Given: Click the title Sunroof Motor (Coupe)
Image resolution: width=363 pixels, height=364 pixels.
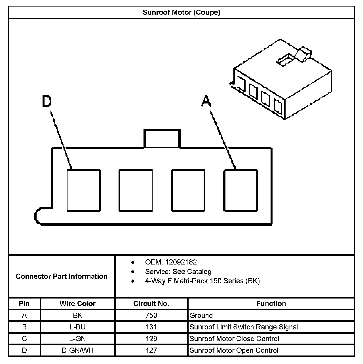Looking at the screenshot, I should tap(181, 12).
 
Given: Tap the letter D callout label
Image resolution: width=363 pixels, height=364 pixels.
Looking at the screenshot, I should tap(47, 101).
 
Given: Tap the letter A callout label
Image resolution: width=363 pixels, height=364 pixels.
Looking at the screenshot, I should tap(206, 101).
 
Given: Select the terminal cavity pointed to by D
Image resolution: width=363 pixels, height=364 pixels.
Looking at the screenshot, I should tap(84, 190).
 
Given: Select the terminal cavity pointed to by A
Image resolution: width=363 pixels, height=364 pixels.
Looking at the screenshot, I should tap(240, 190).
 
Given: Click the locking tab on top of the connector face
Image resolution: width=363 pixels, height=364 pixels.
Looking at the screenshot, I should tap(162, 139).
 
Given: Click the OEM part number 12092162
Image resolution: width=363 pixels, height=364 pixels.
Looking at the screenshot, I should tap(181, 262).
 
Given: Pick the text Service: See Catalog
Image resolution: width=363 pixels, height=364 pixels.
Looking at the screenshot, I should tap(178, 272).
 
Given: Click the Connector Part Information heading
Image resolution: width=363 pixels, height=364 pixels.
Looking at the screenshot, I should tap(62, 276).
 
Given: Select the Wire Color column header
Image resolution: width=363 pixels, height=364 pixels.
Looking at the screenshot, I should tap(77, 304).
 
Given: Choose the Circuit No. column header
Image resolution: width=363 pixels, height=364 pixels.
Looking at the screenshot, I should tap(151, 304).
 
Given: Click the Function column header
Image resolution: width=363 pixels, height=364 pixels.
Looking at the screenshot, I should tap(271, 304).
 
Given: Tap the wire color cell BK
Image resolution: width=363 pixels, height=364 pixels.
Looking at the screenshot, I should tap(77, 316).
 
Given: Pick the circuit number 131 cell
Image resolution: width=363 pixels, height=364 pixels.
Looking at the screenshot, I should tap(151, 327).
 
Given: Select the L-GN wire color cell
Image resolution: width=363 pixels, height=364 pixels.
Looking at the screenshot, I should tap(77, 339).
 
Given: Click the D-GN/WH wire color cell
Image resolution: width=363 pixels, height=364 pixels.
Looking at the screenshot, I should tap(77, 350).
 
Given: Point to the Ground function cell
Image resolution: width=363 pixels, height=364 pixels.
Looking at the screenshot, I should tap(201, 316).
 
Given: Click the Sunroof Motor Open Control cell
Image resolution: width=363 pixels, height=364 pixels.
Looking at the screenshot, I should tap(234, 350).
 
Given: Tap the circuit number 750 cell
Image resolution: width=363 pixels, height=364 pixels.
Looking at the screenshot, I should tap(151, 316).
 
